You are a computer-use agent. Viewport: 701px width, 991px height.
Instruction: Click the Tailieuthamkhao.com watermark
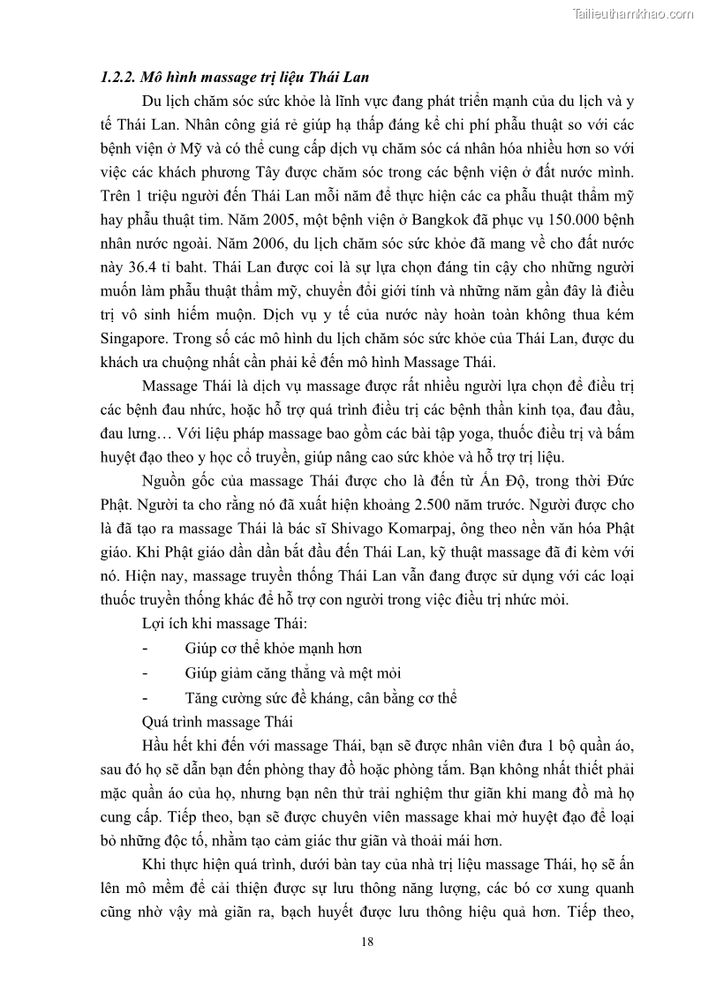click(633, 13)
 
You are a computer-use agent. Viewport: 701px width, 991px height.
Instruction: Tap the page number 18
click(367, 941)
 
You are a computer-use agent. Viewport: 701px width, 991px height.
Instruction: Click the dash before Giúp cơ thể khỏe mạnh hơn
click(144, 648)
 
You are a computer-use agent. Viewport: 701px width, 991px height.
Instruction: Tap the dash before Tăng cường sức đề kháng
click(144, 697)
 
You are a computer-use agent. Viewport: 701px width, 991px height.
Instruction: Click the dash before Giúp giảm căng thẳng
click(144, 672)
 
